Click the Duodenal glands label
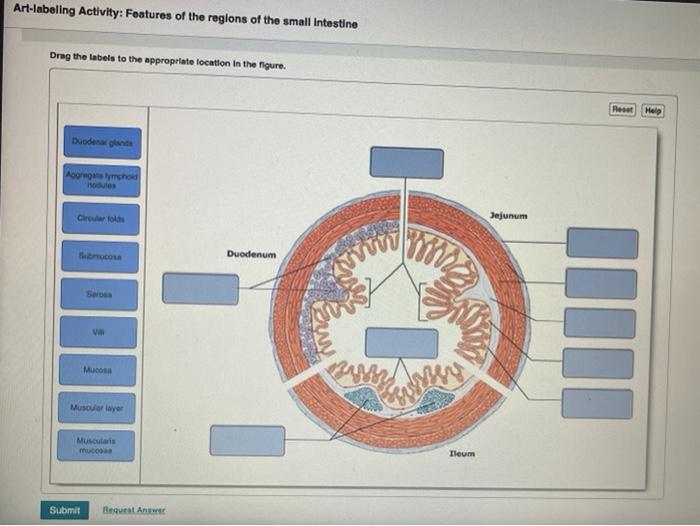tap(102, 142)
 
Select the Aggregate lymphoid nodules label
tap(100, 180)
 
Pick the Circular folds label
tap(98, 218)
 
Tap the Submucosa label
tap(98, 256)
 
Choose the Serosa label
tap(98, 294)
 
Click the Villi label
tap(98, 331)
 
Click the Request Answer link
tap(135, 510)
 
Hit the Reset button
tap(625, 109)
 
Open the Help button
tap(652, 109)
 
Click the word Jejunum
tap(509, 215)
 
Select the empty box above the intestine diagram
tap(406, 162)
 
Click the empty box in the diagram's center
tap(401, 342)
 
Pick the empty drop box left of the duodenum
tap(200, 289)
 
